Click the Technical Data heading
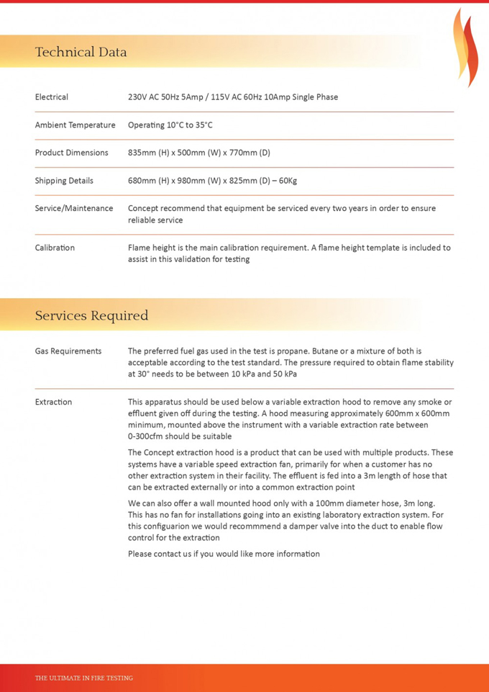(x=81, y=52)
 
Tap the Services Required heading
(x=91, y=315)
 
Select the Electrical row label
(x=52, y=97)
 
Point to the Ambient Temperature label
(x=75, y=125)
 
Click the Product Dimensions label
(x=71, y=153)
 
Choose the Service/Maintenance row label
(x=74, y=208)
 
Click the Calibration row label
(x=55, y=248)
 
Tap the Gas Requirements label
(x=68, y=351)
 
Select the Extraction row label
(x=53, y=402)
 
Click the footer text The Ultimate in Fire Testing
(x=84, y=678)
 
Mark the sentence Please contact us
(x=224, y=554)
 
